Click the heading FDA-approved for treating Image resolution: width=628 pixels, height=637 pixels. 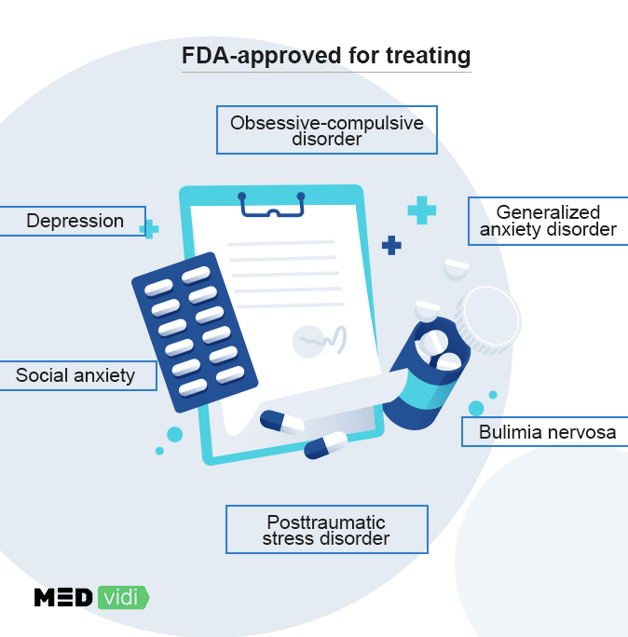pyautogui.click(x=326, y=57)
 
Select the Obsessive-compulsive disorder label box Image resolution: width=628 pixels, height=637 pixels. pyautogui.click(x=326, y=130)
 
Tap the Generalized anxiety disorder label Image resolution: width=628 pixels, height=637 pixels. pyautogui.click(x=548, y=221)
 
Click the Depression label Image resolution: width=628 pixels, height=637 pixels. pyautogui.click(x=74, y=221)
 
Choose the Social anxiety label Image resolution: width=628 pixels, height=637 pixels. pyautogui.click(x=75, y=375)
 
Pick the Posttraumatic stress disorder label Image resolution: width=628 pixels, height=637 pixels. pyautogui.click(x=326, y=530)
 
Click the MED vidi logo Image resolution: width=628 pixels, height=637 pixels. pyautogui.click(x=90, y=597)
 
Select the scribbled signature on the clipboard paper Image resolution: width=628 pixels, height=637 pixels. pyautogui.click(x=321, y=340)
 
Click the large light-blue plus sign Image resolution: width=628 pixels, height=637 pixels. pyautogui.click(x=421, y=210)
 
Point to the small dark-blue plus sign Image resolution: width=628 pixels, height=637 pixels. pyautogui.click(x=392, y=245)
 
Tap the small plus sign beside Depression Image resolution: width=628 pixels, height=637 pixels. pyautogui.click(x=148, y=228)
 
